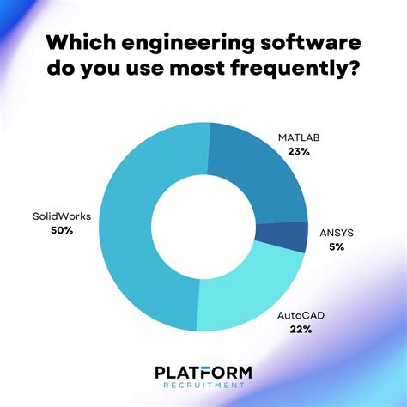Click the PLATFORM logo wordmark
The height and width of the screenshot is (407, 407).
(x=203, y=372)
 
